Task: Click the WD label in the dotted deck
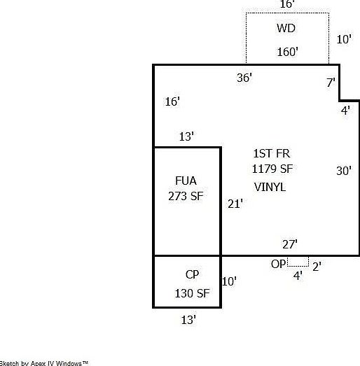click(x=286, y=28)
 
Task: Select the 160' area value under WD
click(x=288, y=52)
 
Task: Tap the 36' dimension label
click(x=244, y=78)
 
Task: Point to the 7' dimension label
click(x=331, y=83)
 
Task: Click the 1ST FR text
click(x=272, y=153)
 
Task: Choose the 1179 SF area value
click(x=272, y=169)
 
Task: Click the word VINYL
click(x=270, y=188)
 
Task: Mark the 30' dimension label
click(x=344, y=171)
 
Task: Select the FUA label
click(x=186, y=181)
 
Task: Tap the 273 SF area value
click(x=186, y=196)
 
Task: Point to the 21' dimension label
click(x=235, y=204)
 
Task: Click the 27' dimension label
click(x=290, y=244)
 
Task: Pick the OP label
click(x=278, y=265)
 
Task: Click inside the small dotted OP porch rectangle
click(x=298, y=262)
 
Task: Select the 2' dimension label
click(x=317, y=267)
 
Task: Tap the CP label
click(x=192, y=274)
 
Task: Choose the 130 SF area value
click(x=193, y=293)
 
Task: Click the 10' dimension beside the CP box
click(x=229, y=281)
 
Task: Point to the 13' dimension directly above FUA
click(x=186, y=136)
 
